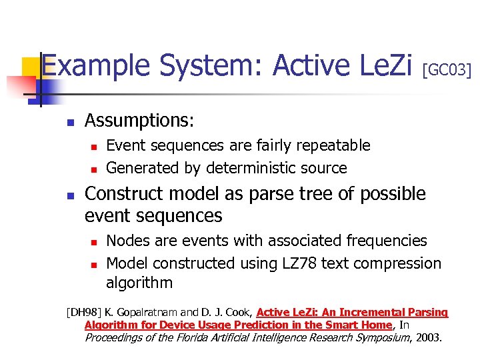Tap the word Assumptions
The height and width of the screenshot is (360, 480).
click(x=139, y=121)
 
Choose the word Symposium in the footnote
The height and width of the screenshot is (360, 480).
click(x=371, y=337)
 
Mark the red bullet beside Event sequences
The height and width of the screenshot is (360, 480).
click(x=95, y=146)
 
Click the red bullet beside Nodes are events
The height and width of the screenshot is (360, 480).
click(x=95, y=241)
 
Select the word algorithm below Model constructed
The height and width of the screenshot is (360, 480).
click(x=139, y=283)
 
